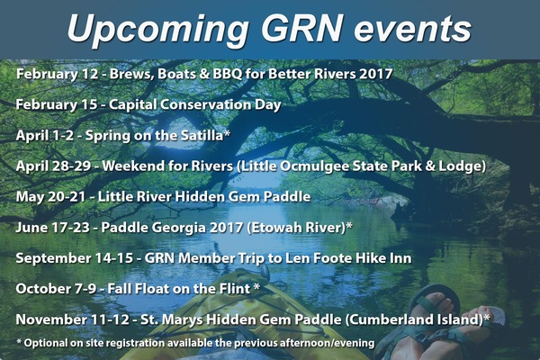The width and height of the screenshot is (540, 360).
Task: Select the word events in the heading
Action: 412,30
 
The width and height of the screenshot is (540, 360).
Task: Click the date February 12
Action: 57,75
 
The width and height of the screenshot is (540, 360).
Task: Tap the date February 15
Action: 57,105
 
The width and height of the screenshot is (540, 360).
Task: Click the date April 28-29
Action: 53,166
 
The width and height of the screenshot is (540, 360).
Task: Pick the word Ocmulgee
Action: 314,166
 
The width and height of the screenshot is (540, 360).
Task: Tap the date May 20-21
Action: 50,197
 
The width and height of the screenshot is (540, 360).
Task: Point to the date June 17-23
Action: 53,228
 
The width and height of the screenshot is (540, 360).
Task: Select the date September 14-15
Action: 75,258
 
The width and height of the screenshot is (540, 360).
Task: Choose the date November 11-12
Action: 73,319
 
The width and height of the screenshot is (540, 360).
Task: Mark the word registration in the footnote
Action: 134,343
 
